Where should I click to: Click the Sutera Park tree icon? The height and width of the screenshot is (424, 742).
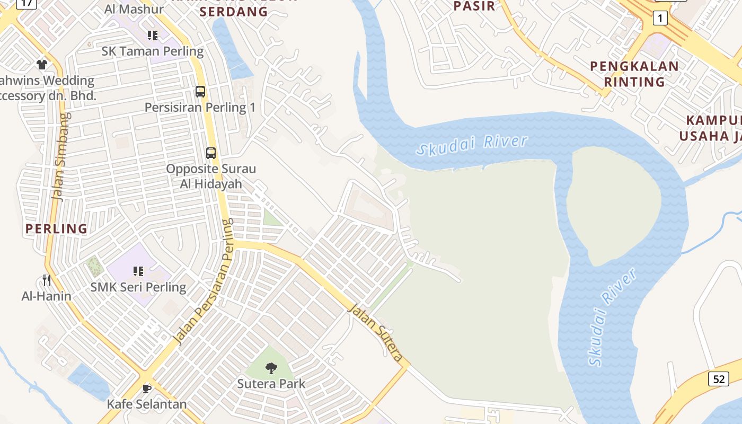tap(271, 368)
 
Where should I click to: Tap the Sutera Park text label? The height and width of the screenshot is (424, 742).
tap(271, 383)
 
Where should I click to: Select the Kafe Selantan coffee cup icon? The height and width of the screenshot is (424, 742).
tap(147, 388)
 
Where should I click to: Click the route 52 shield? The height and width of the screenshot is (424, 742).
tap(719, 379)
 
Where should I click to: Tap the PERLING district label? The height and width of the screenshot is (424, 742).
tap(57, 229)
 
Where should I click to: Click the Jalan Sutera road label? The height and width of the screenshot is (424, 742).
tap(375, 332)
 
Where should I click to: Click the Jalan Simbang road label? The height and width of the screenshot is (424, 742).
tap(60, 156)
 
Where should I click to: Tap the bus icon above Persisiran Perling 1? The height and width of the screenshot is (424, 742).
tap(200, 91)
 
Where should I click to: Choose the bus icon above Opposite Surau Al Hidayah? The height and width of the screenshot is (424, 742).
tap(211, 153)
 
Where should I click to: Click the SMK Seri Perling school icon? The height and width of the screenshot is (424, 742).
tap(138, 271)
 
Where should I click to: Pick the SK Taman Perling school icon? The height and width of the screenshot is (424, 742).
tap(153, 36)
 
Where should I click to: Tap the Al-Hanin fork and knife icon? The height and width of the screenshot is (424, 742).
tap(47, 280)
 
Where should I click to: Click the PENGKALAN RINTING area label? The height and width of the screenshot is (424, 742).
tap(634, 74)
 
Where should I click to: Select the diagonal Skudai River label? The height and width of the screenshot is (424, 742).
tap(612, 318)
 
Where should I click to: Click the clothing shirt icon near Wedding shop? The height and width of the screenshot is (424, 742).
tap(42, 65)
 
